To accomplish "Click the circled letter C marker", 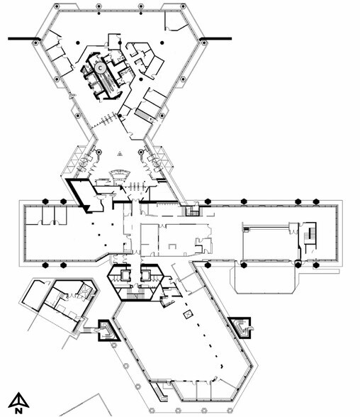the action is point(100,68).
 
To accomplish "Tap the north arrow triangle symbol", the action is point(18,400).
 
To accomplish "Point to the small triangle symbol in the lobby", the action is point(120,153).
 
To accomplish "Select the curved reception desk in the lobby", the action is point(120,175).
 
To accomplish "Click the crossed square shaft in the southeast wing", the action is point(188,314).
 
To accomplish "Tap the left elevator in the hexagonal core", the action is point(125,275).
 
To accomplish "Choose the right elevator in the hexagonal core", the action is point(145,275).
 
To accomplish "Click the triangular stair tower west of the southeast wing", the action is point(108,330).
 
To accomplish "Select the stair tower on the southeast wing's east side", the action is point(241,328).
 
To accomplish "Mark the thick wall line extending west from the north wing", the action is point(24,38).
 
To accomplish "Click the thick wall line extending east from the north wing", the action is point(215,38).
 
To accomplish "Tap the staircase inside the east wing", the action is point(309,234).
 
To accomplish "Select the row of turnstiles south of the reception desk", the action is point(135,186).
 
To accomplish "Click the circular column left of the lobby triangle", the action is point(99,152).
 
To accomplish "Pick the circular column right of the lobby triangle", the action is point(141,152).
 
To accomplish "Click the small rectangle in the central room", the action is point(172,246).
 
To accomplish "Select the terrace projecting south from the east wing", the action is point(265,277).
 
